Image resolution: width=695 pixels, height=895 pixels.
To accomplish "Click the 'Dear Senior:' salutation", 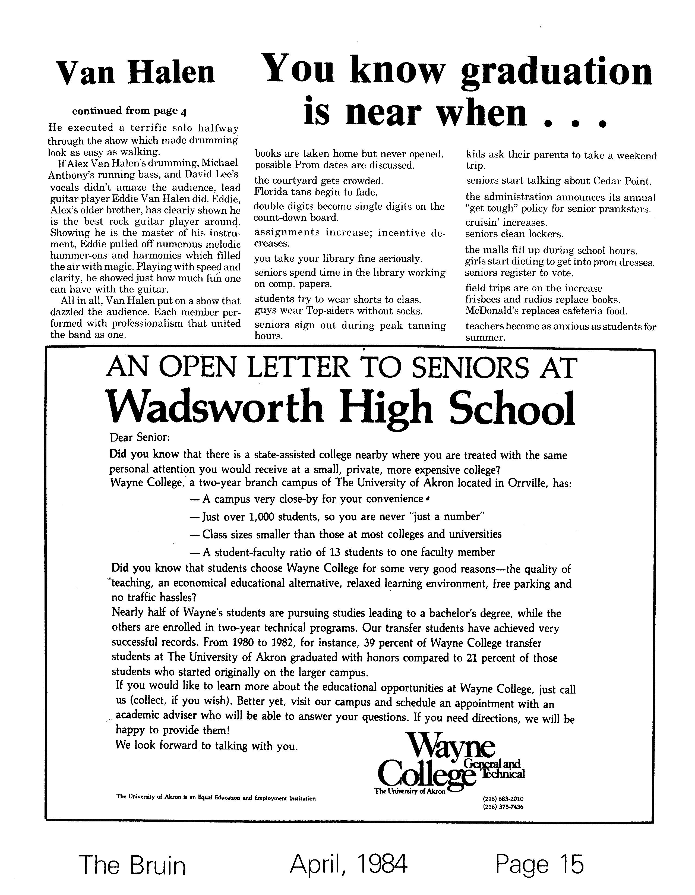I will [x=139, y=438].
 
